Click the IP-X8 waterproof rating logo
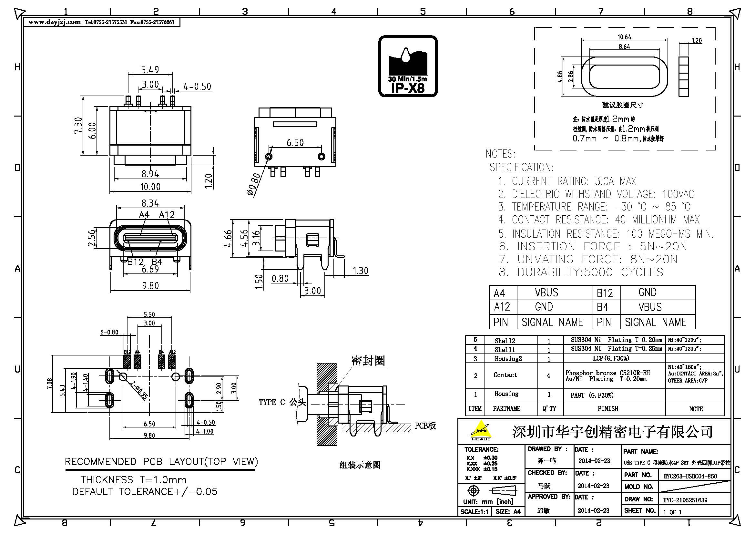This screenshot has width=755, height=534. tap(408, 66)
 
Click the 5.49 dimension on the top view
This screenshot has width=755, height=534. tap(150, 70)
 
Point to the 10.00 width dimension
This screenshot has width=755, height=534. tap(150, 187)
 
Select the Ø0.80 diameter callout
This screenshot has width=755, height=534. tap(254, 185)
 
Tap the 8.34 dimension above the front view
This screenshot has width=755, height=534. tap(150, 203)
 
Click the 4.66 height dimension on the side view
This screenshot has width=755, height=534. tap(228, 238)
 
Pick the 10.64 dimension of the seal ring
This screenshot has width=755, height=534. tap(624, 37)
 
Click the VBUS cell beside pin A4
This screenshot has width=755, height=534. tap(546, 293)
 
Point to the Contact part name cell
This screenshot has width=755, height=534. tap(505, 375)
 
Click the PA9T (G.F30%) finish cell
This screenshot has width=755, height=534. tap(592, 395)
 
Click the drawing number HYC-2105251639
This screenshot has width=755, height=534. tap(685, 500)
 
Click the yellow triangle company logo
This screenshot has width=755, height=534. tap(481, 430)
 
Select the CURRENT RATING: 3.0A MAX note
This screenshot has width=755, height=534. tap(567, 181)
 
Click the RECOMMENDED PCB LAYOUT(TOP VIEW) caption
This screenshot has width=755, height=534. tap(161, 462)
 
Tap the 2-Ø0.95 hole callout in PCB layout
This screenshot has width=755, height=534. tap(138, 390)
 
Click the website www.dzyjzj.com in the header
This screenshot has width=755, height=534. tap(54, 22)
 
